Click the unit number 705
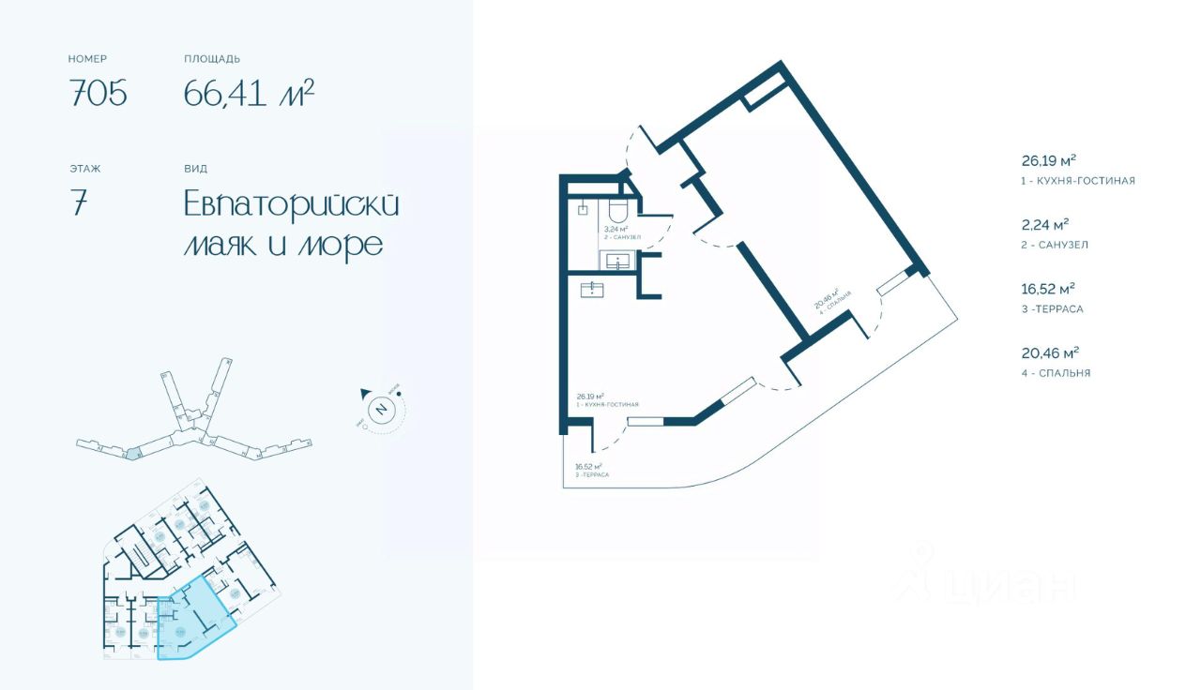(98, 94)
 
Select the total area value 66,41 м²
(249, 94)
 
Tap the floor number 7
(79, 204)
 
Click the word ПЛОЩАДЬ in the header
(212, 59)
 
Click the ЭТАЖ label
(84, 169)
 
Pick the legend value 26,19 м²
(1048, 160)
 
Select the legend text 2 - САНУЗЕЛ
(1055, 245)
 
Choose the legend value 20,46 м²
(1049, 352)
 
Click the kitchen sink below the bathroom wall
(592, 289)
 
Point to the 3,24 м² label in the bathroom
(615, 229)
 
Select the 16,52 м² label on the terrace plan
(588, 466)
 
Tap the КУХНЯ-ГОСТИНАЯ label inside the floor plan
(611, 405)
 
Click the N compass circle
(381, 409)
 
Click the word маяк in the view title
(220, 244)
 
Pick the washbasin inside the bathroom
(618, 260)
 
